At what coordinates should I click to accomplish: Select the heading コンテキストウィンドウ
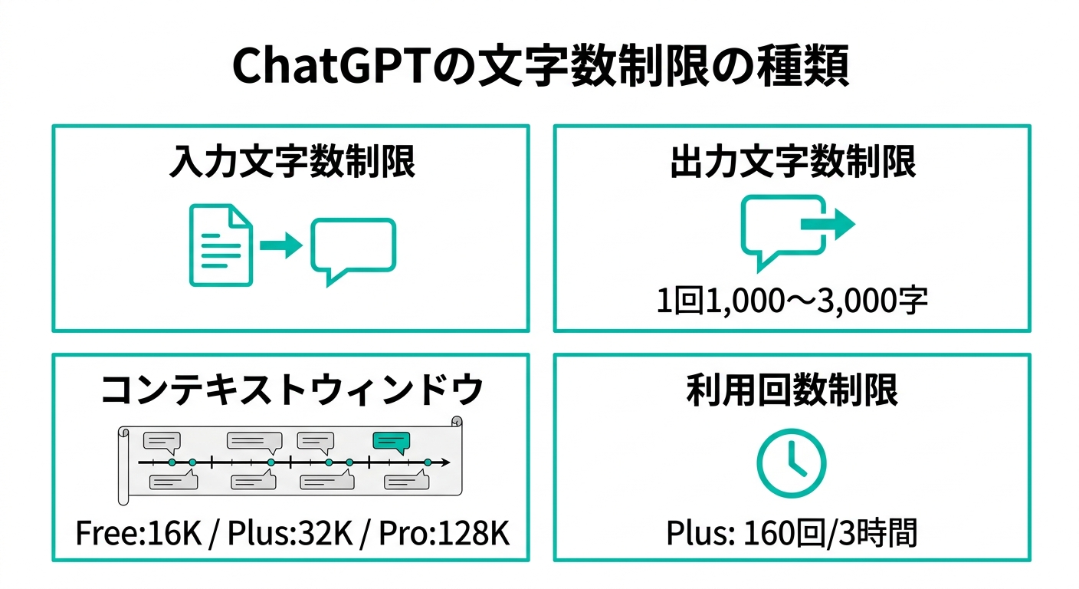(x=292, y=390)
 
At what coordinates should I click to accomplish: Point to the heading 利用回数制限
(x=792, y=390)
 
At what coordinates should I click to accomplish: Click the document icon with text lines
(x=221, y=245)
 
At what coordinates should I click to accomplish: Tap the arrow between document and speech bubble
(x=281, y=245)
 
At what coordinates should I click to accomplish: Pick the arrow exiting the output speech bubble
(x=828, y=224)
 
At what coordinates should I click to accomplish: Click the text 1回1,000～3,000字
(x=792, y=301)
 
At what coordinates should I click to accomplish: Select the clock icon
(x=792, y=463)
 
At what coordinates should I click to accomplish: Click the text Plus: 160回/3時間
(x=792, y=533)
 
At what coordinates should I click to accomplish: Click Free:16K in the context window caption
(x=139, y=533)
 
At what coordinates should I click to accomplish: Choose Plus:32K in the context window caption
(x=290, y=533)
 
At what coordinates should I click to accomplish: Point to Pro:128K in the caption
(x=444, y=533)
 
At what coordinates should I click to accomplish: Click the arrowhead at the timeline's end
(x=446, y=462)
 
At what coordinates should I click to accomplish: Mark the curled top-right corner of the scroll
(x=457, y=422)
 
